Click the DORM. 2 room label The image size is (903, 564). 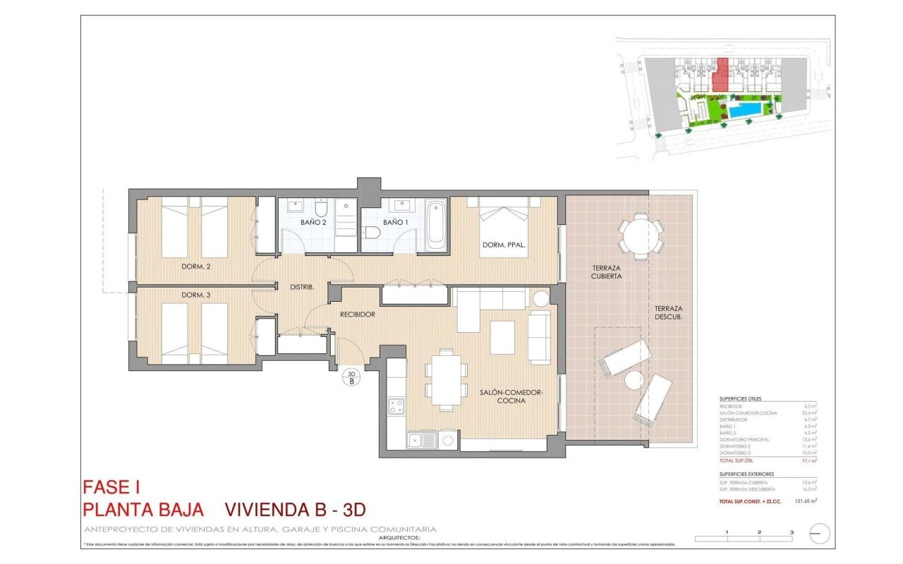[x=195, y=266]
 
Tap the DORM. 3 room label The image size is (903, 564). [x=195, y=295]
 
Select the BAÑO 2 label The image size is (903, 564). [x=313, y=222]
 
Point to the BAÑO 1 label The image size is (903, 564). [x=396, y=222]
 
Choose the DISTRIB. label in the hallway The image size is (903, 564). [x=302, y=287]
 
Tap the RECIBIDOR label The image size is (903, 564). [x=357, y=314]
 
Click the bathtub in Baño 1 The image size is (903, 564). [x=436, y=224]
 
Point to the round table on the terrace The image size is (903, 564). [x=641, y=236]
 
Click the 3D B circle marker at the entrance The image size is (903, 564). [x=351, y=377]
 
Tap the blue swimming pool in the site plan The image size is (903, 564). [x=745, y=110]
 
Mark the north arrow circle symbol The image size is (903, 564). [x=820, y=534]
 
